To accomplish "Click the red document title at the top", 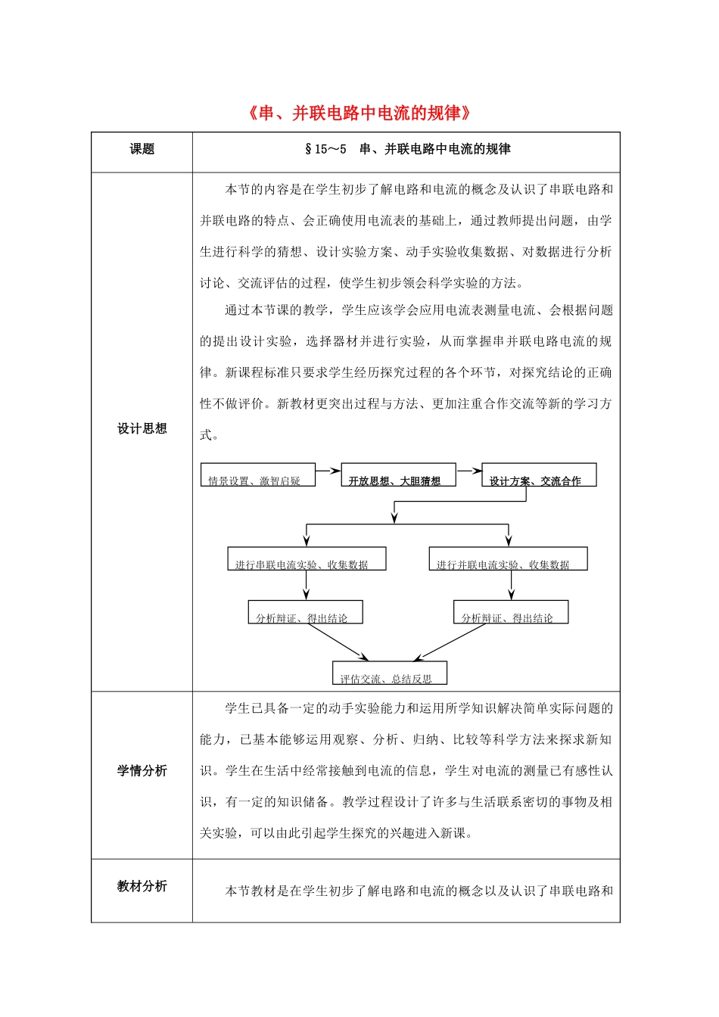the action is coord(360,114).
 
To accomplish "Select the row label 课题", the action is coord(142,149).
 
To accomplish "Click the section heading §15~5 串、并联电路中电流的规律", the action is coord(406,149).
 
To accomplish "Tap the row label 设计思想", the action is coord(142,428).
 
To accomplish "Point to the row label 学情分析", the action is coord(142,770).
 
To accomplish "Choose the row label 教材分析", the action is coord(142,886).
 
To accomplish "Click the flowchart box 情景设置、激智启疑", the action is coord(257,475).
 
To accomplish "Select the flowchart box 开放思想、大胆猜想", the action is coord(398,475).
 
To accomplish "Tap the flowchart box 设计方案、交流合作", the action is coord(539,475).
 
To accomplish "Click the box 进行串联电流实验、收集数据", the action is coord(307,559).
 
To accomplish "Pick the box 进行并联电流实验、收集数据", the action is coord(508,559).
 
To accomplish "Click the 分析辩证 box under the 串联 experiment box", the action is coord(305,612).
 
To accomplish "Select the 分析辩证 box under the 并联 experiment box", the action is coord(511,612).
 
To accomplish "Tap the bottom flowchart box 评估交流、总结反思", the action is coord(389,673).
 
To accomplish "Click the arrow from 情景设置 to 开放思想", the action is coord(328,471).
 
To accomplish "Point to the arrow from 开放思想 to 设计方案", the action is coord(469,471).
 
